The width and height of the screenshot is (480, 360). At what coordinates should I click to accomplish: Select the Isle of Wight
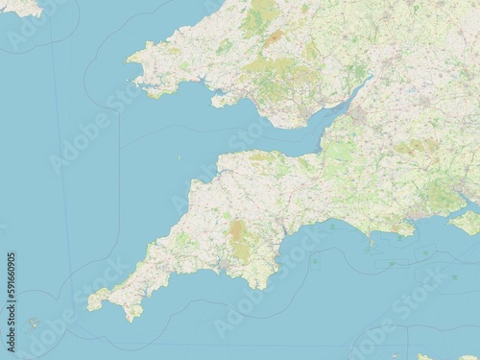click(x=466, y=222)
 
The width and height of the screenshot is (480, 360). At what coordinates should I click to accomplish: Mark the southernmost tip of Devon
click(x=251, y=287)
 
